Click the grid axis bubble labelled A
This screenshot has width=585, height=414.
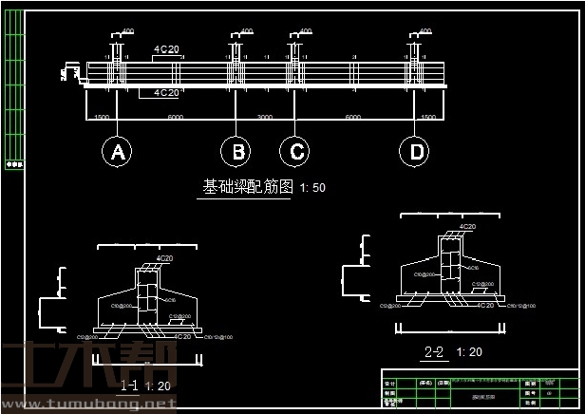(x=117, y=151)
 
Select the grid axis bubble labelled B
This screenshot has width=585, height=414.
(x=236, y=151)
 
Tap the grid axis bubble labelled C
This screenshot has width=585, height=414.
(x=295, y=151)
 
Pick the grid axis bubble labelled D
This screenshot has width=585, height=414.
(x=414, y=151)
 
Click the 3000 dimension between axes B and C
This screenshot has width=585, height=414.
(x=265, y=118)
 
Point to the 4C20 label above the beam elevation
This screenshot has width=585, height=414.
(x=166, y=47)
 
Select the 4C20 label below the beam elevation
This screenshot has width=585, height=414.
(x=166, y=93)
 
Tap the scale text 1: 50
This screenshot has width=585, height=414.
(x=312, y=188)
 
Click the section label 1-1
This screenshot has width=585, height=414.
(x=130, y=385)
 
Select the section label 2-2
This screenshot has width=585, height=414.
(x=434, y=351)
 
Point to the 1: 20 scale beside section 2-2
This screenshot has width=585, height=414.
(x=469, y=352)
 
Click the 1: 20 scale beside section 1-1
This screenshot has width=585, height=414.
(x=159, y=386)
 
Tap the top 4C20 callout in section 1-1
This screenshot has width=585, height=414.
(x=163, y=258)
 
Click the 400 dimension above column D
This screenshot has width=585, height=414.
(x=425, y=31)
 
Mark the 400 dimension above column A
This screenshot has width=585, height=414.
(x=127, y=31)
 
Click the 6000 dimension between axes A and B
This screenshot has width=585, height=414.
(x=176, y=118)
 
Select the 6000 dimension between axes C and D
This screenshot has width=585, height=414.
(x=353, y=118)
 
